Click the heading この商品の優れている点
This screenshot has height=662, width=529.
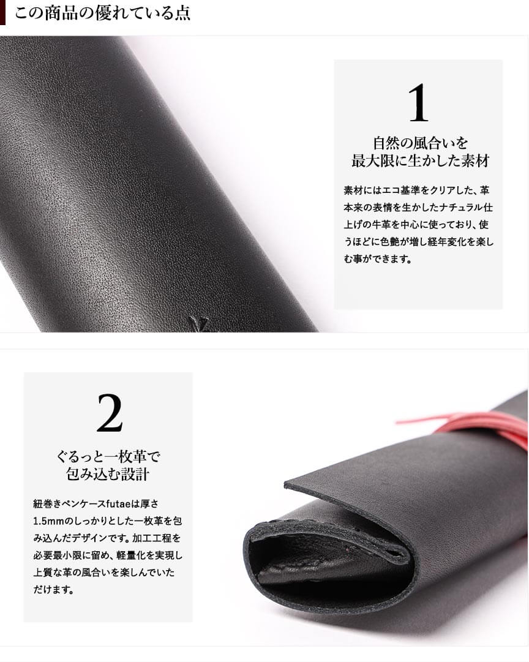pyautogui.click(x=102, y=13)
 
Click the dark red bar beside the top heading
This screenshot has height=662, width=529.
pyautogui.click(x=2, y=13)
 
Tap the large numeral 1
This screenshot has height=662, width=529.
pyautogui.click(x=418, y=103)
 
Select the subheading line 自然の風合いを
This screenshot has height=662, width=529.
pyautogui.click(x=420, y=143)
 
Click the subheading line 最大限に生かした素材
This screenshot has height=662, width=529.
pyautogui.click(x=420, y=161)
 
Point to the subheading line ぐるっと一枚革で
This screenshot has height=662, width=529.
pyautogui.click(x=108, y=456)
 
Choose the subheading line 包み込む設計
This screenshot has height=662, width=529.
pyautogui.click(x=108, y=474)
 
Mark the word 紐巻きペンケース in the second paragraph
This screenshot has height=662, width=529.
pyautogui.click(x=69, y=503)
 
